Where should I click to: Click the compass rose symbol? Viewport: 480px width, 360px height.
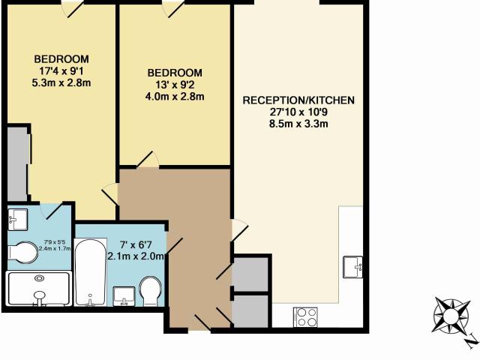click(x=451, y=315)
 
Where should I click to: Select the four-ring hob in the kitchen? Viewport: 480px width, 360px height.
click(x=305, y=316)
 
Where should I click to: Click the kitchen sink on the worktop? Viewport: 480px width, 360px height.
click(x=352, y=267)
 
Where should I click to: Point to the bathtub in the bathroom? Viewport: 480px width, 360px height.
click(x=90, y=272)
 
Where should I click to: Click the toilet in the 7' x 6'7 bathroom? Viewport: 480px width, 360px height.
click(x=150, y=291)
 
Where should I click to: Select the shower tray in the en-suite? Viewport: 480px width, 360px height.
click(x=39, y=288)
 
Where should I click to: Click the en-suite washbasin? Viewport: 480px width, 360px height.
click(x=18, y=220)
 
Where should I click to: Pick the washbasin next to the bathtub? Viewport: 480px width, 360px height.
click(x=124, y=296)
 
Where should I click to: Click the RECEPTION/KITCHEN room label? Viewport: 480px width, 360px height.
click(x=298, y=100)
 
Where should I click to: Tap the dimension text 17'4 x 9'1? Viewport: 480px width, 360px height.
click(x=61, y=71)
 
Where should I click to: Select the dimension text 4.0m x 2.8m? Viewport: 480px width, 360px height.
click(x=175, y=97)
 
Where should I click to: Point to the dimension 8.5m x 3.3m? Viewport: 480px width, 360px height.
click(x=298, y=124)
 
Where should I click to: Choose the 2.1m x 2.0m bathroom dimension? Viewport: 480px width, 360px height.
click(x=136, y=256)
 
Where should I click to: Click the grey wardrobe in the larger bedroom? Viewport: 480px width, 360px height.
click(x=18, y=164)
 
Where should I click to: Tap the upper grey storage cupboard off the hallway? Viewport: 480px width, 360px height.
click(x=250, y=274)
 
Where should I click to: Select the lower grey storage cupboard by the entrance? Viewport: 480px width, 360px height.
click(x=250, y=311)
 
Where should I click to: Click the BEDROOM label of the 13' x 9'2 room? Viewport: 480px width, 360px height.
click(x=175, y=73)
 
